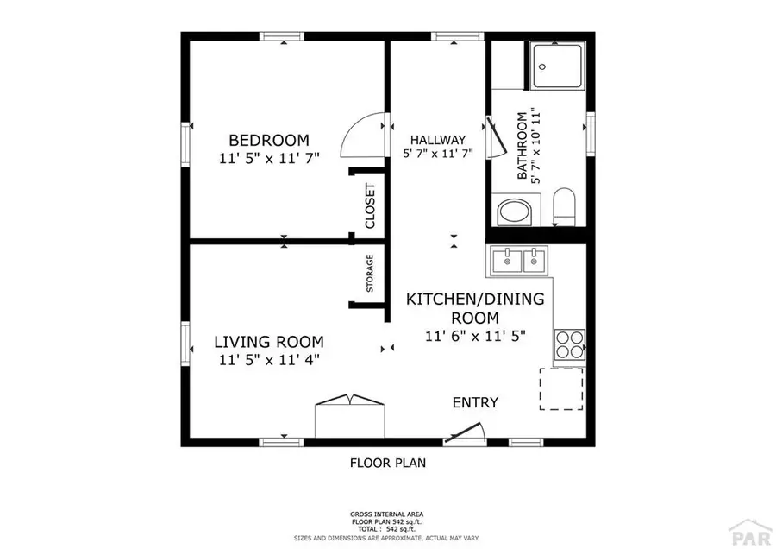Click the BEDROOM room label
[x=268, y=141]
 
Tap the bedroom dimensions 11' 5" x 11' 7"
[x=268, y=159]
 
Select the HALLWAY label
[x=437, y=140]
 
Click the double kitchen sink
[x=520, y=259]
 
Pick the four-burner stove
[x=569, y=344]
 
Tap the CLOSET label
[x=371, y=205]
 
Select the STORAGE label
[x=370, y=273]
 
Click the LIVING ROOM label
[x=268, y=341]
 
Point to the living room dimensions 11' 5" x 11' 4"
[x=268, y=360]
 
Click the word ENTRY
[x=475, y=402]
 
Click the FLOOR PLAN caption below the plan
[x=387, y=463]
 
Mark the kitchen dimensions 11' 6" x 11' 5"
[x=475, y=337]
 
